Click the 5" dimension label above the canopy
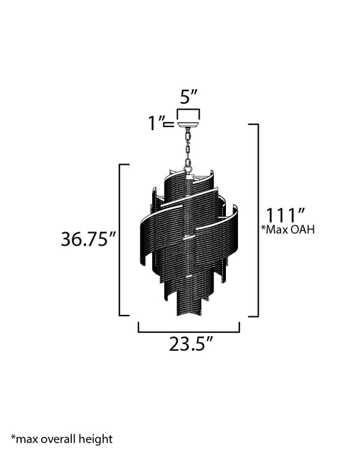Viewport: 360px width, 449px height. pyautogui.click(x=189, y=97)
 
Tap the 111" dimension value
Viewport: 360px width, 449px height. pyautogui.click(x=284, y=214)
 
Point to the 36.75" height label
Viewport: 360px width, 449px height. pyautogui.click(x=88, y=239)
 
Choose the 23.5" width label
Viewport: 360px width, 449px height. pyautogui.click(x=191, y=344)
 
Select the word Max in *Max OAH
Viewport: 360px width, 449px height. pyautogui.click(x=279, y=229)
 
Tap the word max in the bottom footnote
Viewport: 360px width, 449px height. pyautogui.click(x=27, y=439)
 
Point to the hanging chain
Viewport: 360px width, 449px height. pyautogui.click(x=188, y=147)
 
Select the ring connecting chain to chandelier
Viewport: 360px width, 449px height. pyautogui.click(x=188, y=170)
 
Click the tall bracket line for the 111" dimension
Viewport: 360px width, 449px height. pyautogui.click(x=258, y=220)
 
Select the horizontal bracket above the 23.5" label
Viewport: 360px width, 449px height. pyautogui.click(x=189, y=331)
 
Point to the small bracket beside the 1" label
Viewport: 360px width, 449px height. pyautogui.click(x=170, y=124)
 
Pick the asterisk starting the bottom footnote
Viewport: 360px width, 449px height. pyautogui.click(x=13, y=437)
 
